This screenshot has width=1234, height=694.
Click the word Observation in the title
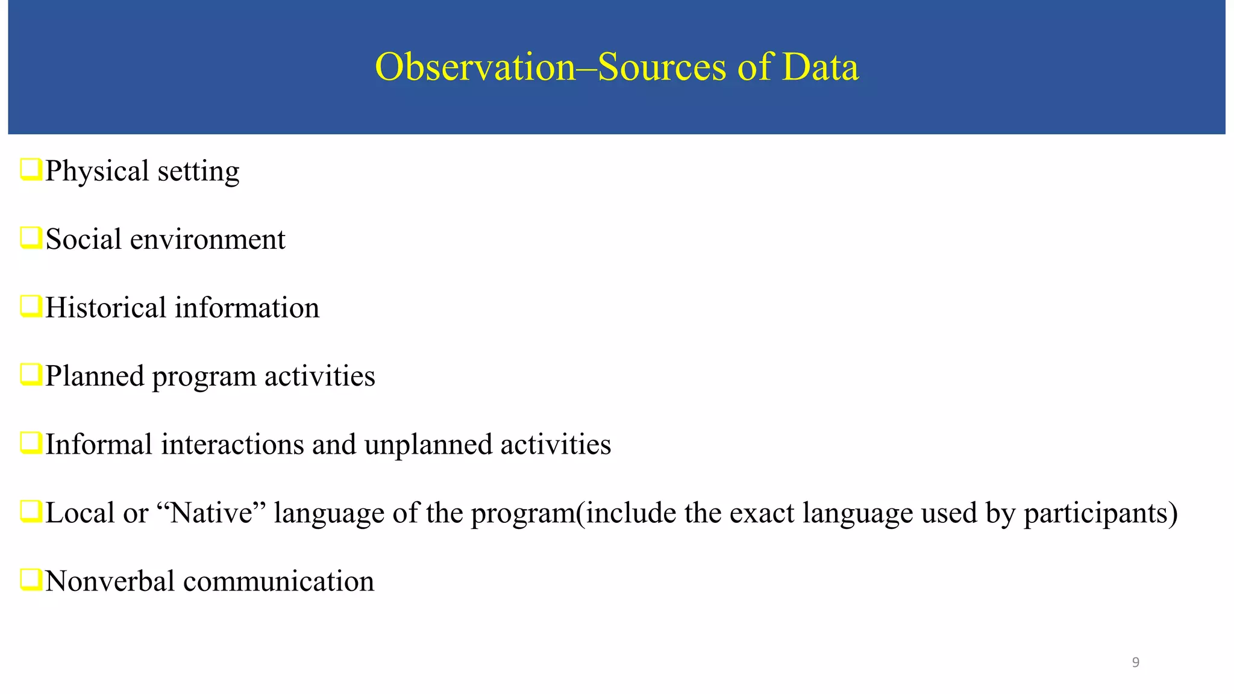click(x=475, y=67)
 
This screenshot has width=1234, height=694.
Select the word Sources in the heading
click(x=662, y=67)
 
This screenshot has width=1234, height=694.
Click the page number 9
click(x=1135, y=663)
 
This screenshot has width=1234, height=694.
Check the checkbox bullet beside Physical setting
click(x=31, y=169)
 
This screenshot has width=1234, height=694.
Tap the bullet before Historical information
click(x=31, y=306)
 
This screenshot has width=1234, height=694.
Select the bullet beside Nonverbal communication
click(x=31, y=580)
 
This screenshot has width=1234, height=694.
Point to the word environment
click(x=207, y=240)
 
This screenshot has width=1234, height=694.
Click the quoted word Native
click(x=211, y=513)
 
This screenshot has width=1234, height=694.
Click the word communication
click(x=278, y=581)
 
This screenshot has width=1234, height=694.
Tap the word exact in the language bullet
click(x=766, y=513)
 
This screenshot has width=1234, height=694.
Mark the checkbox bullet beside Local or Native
click(x=31, y=511)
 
